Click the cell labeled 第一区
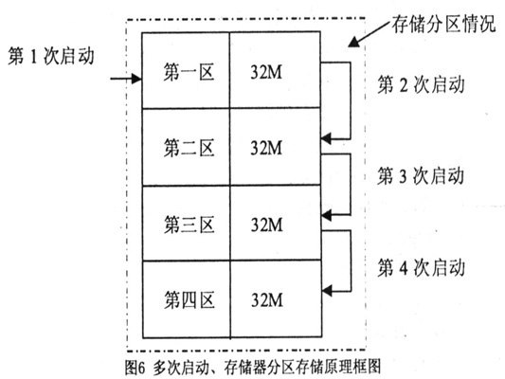(186, 70)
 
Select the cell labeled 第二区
(186, 147)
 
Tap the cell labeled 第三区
(186, 223)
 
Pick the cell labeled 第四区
(186, 299)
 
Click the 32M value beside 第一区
(266, 72)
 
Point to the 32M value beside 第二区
(266, 148)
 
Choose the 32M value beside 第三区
(266, 225)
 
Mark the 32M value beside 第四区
(267, 300)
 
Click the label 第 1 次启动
(51, 56)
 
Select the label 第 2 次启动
(421, 84)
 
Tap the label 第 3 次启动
(421, 175)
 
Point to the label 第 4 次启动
(421, 267)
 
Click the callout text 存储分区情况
(443, 23)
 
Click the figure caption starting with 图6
(254, 367)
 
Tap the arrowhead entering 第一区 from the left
(136, 79)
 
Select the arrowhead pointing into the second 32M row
(326, 138)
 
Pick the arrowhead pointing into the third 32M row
(326, 215)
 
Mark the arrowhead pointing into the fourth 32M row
(327, 291)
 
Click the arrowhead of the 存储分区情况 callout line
(353, 42)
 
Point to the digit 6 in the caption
(142, 368)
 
